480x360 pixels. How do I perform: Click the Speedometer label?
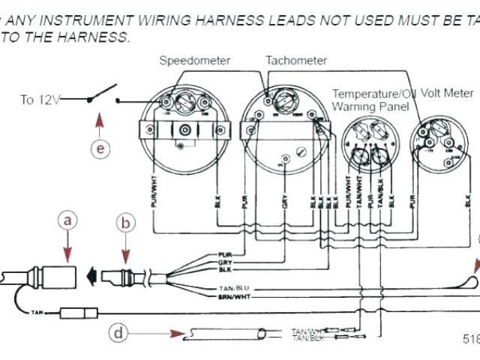(195, 61)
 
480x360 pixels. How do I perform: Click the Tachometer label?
(296, 60)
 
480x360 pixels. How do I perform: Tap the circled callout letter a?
(67, 220)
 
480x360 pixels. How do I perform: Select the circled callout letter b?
(126, 221)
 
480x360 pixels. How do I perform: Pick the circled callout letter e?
(100, 148)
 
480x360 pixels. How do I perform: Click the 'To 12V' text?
(40, 100)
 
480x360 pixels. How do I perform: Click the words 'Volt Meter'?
(447, 94)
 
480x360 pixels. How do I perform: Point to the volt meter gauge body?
(441, 144)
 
